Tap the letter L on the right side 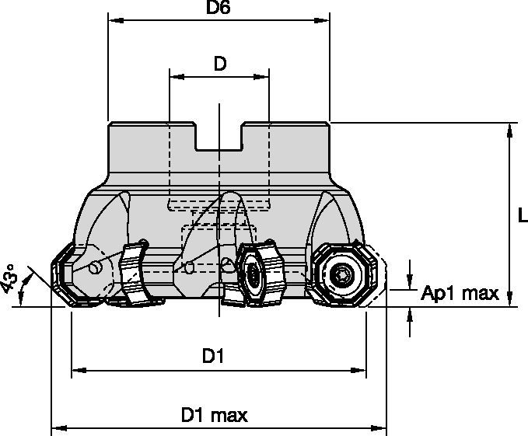(x=522, y=216)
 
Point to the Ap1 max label (x=460, y=293)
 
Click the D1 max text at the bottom (x=215, y=416)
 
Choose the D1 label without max (x=214, y=357)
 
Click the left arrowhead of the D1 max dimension (x=57, y=427)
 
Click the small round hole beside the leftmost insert (x=95, y=269)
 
